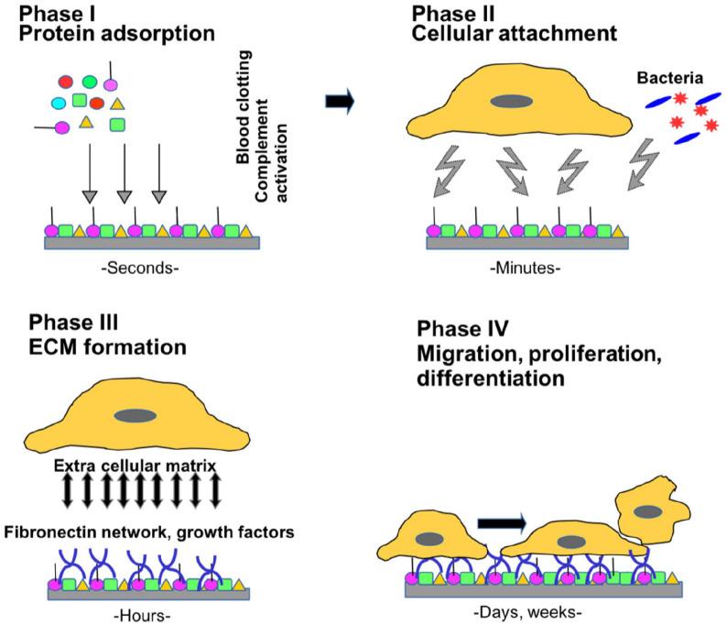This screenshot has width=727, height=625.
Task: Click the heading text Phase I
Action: pyautogui.click(x=56, y=15)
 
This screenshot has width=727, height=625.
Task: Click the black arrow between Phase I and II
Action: pyautogui.click(x=341, y=104)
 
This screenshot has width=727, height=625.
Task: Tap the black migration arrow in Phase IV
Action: pyautogui.click(x=502, y=522)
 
